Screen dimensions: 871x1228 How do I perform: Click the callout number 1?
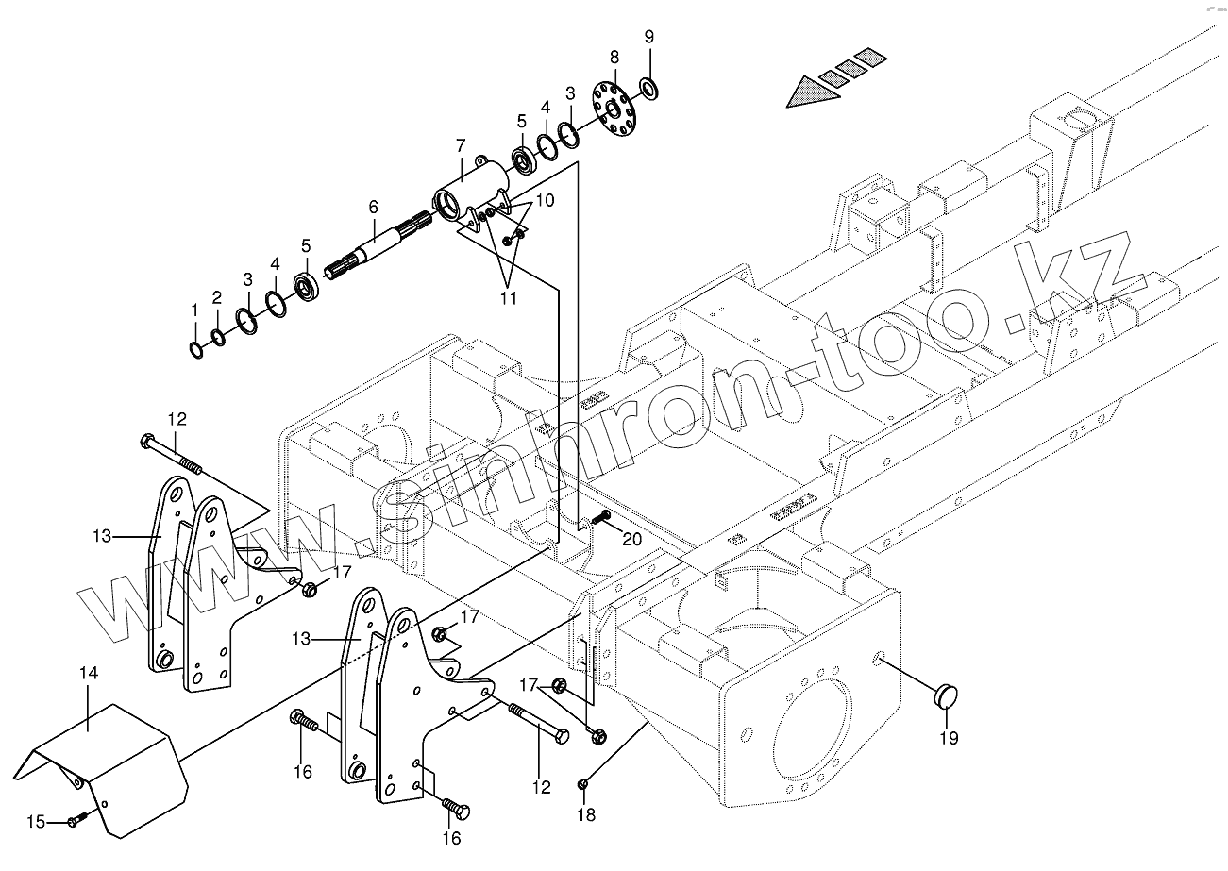coord(195,310)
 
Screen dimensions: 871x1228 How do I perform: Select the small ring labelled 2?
coord(218,337)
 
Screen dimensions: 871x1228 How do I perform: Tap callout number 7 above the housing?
coord(460,145)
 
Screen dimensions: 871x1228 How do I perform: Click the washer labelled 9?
coord(649,89)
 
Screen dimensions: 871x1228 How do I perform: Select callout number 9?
coord(648,37)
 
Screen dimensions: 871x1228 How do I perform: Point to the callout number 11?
coord(509,298)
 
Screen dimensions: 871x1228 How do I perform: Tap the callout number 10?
coord(545,201)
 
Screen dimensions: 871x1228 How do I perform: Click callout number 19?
coord(948,737)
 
